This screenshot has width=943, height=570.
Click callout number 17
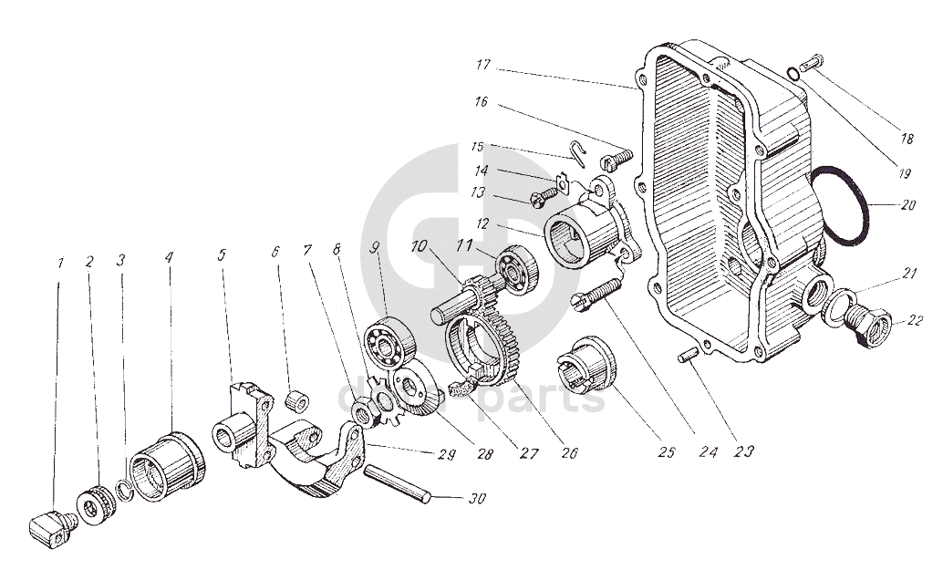(482, 65)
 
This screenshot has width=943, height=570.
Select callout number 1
(60, 263)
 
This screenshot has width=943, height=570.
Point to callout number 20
(907, 205)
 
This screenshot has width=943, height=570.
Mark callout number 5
(222, 255)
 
